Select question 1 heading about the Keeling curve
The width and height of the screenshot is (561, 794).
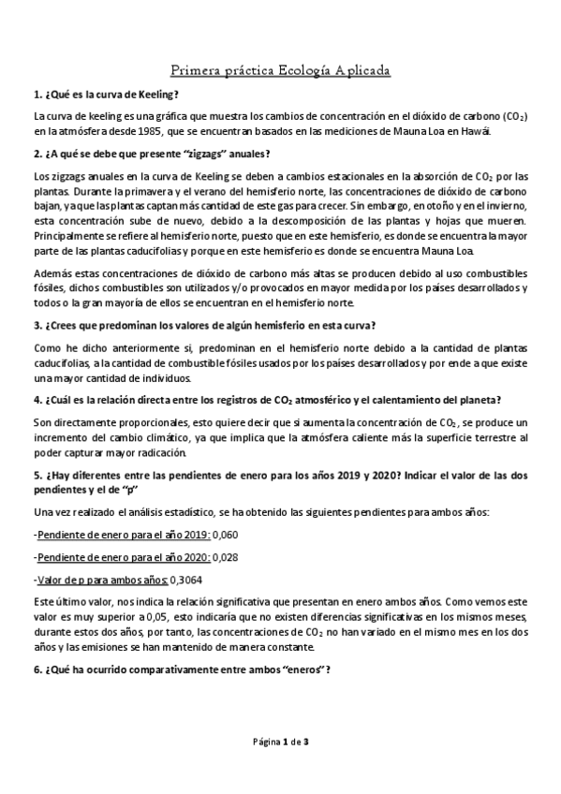tap(106, 96)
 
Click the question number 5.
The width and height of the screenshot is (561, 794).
tap(37, 476)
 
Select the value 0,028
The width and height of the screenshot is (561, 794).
tap(226, 557)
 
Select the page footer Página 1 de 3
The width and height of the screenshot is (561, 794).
tap(280, 743)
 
